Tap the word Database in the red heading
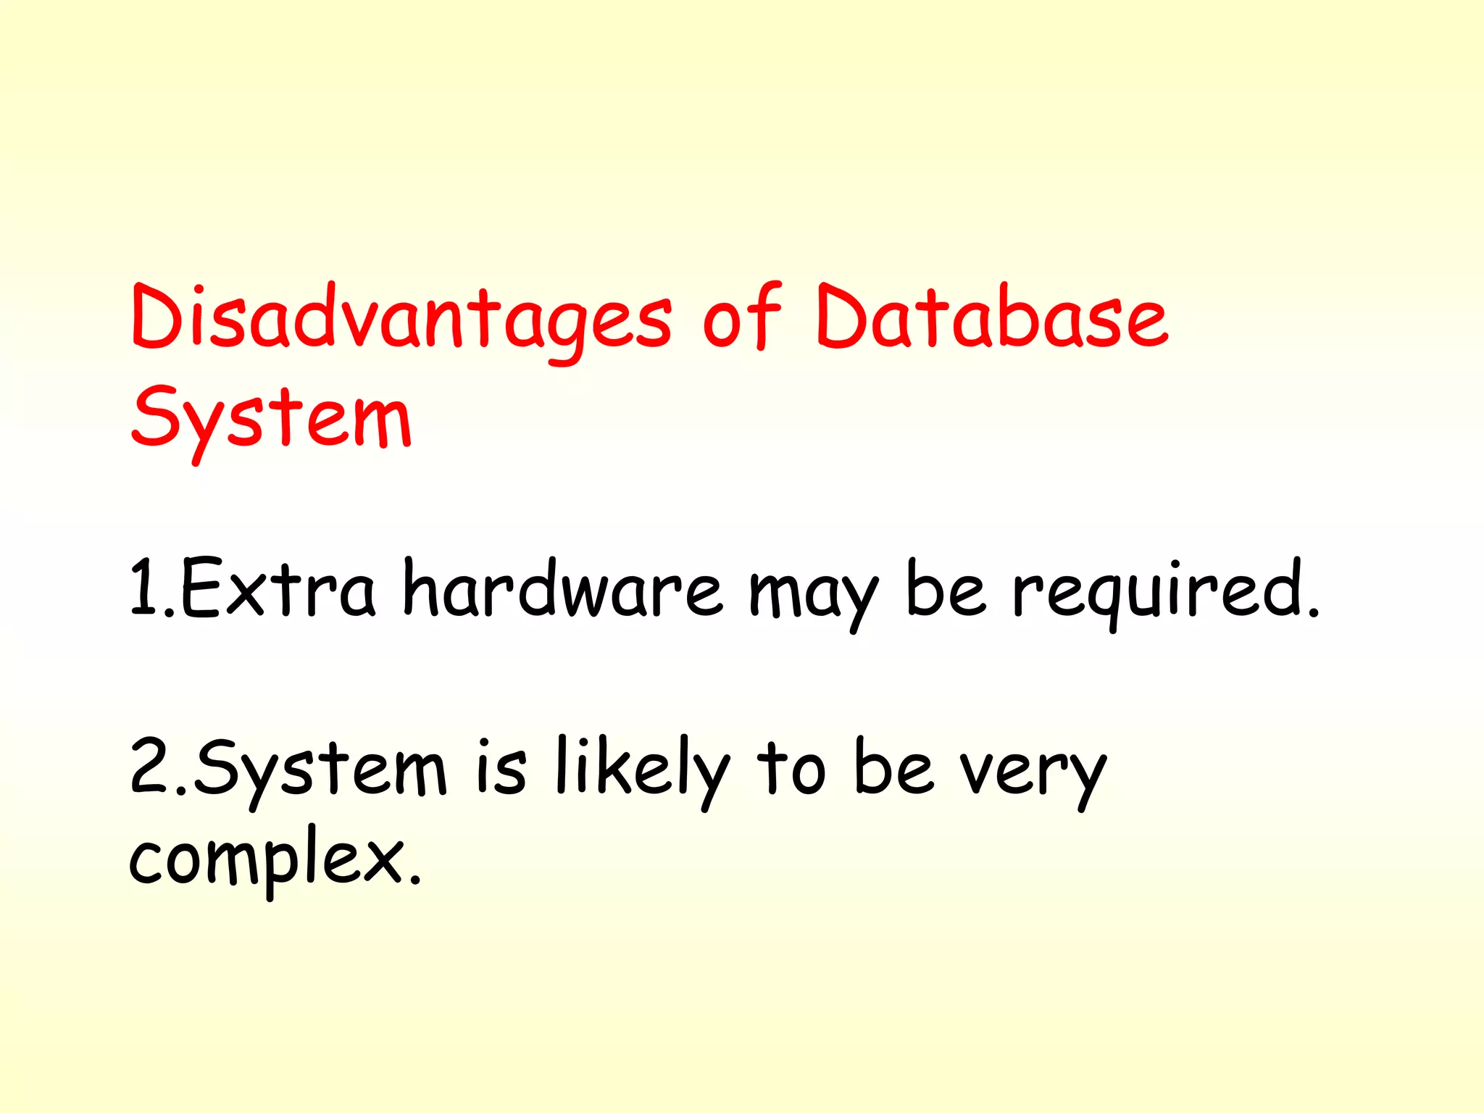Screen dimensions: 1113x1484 tap(991, 317)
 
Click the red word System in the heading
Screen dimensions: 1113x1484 tap(271, 419)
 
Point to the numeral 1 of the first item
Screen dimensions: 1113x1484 tap(143, 588)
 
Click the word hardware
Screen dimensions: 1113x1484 tap(562, 588)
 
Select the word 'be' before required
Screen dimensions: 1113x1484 tap(946, 588)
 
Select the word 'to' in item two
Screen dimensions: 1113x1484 tap(791, 768)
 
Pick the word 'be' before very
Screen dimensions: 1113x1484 tap(893, 767)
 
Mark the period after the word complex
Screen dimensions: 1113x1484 tap(414, 880)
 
